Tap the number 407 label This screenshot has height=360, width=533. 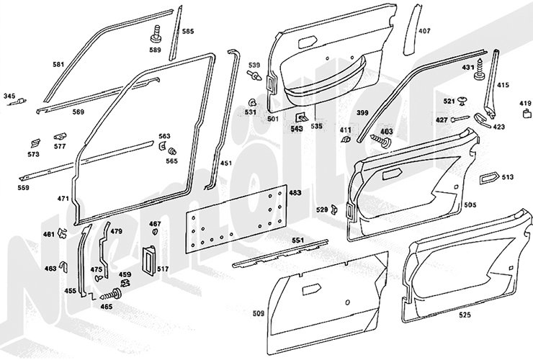(424, 31)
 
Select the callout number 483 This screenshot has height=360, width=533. (295, 193)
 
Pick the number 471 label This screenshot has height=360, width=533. (63, 198)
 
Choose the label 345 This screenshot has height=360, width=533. (9, 96)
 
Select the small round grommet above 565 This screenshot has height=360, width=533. (171, 150)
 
